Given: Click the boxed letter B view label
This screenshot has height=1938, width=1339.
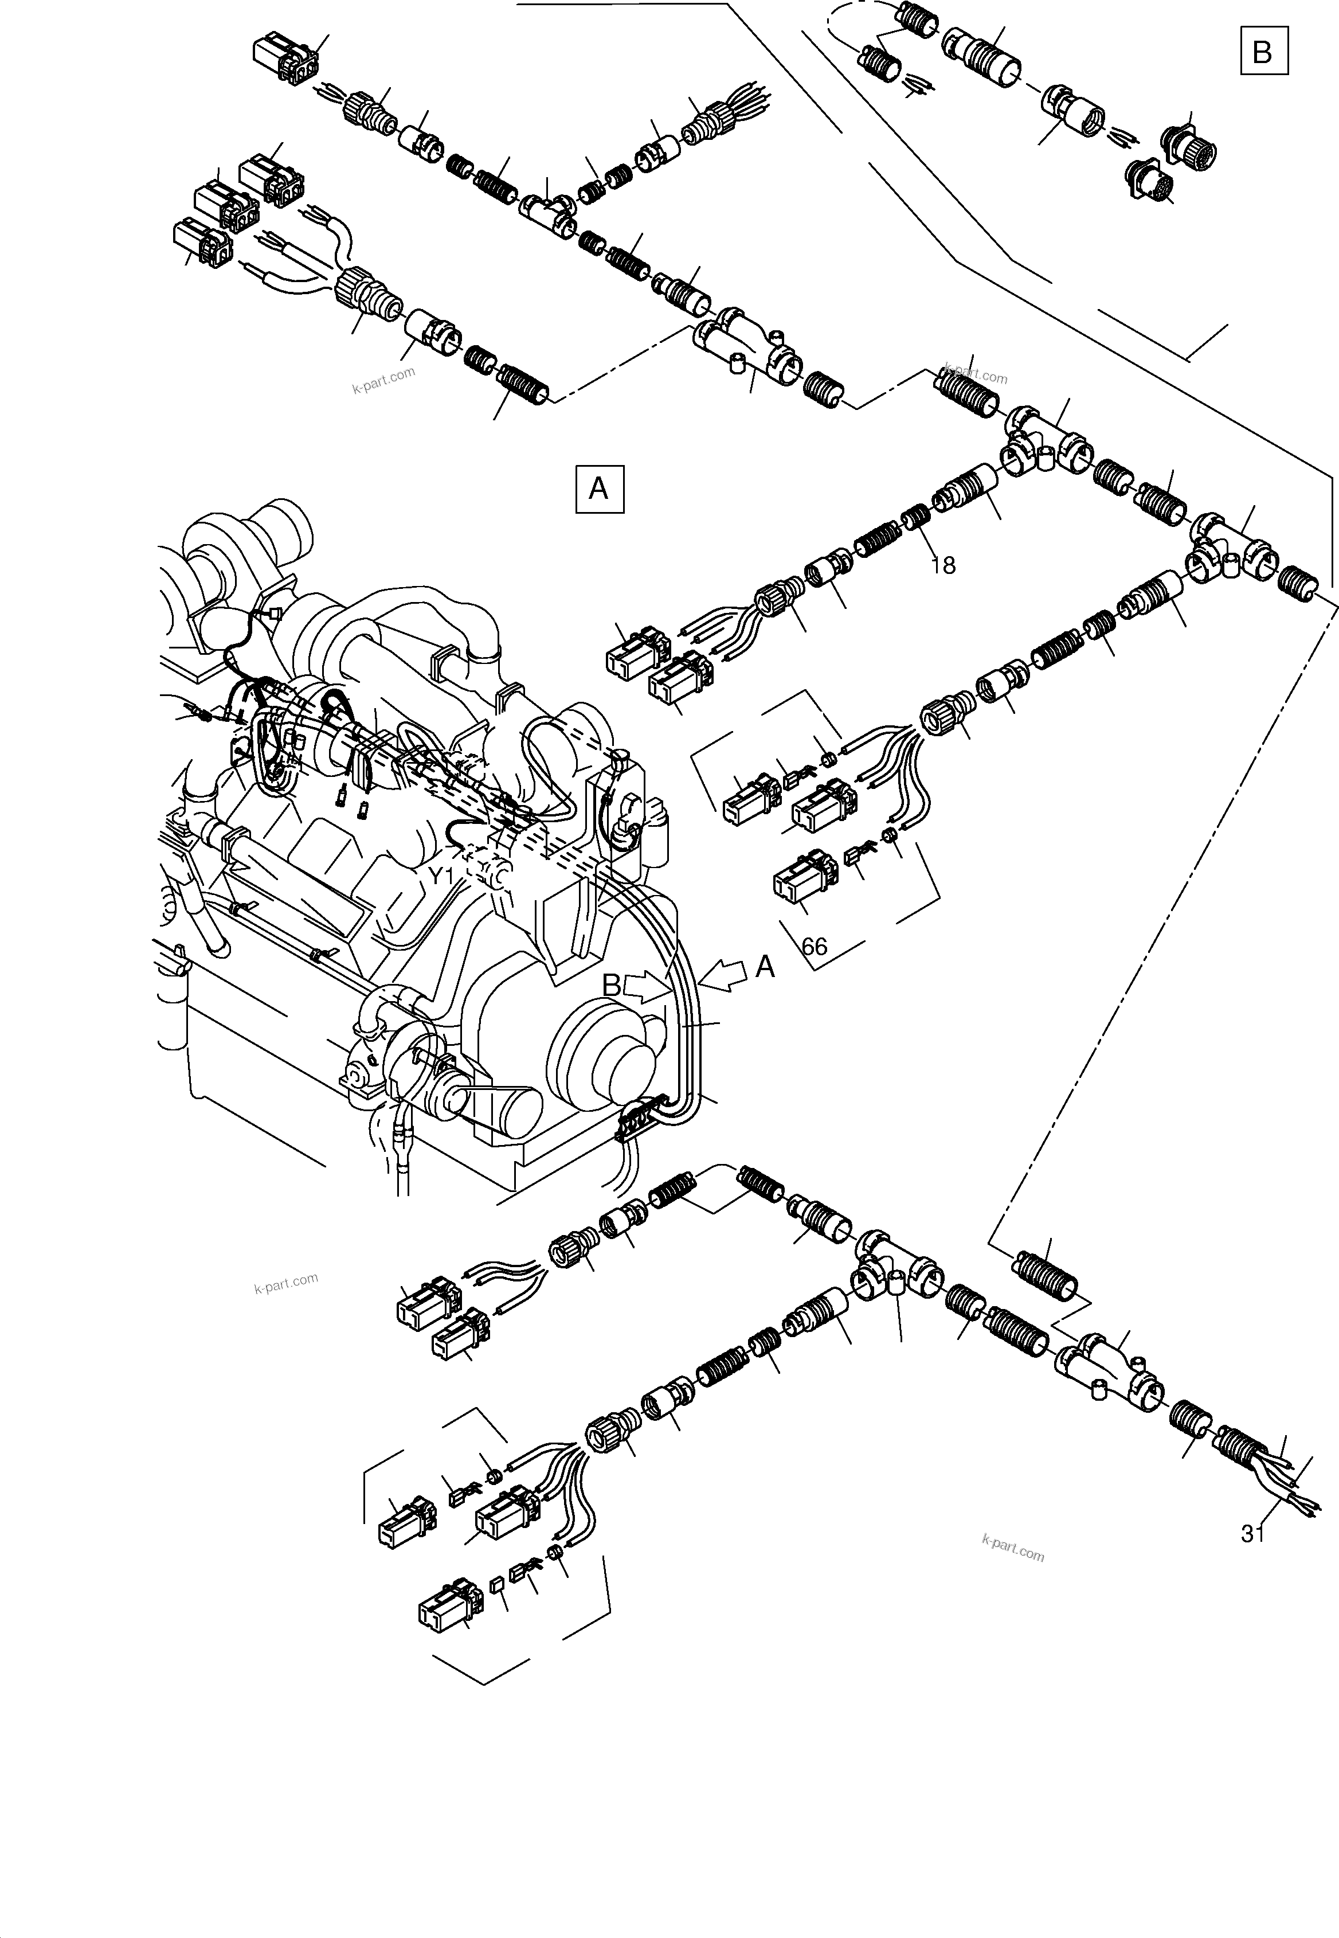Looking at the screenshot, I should click(x=1263, y=52).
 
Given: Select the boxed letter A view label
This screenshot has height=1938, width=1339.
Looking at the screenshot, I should click(x=599, y=487).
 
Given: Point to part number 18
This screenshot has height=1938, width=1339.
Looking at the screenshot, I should click(x=943, y=566).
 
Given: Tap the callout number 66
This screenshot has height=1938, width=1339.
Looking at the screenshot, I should click(x=814, y=947).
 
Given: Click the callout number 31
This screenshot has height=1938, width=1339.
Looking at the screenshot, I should click(x=1252, y=1534).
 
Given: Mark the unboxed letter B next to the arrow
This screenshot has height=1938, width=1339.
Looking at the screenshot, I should click(x=612, y=986).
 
